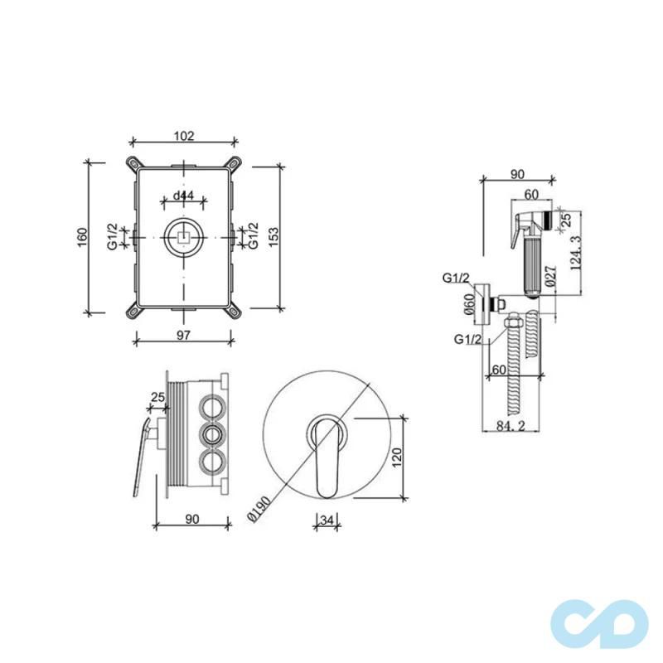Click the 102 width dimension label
(184, 137)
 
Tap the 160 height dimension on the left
(81, 239)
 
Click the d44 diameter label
(184, 196)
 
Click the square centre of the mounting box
(183, 238)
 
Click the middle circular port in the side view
(213, 433)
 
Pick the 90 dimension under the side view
(191, 520)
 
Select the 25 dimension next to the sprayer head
(566, 220)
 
